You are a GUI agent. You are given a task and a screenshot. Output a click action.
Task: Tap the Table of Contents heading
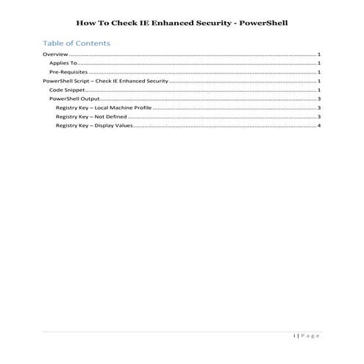(x=76, y=43)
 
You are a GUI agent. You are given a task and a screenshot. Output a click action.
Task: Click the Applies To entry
(x=63, y=64)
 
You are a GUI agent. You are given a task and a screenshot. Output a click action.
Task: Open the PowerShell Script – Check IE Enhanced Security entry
(x=106, y=82)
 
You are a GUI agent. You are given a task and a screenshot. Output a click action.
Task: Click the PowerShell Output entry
(x=74, y=99)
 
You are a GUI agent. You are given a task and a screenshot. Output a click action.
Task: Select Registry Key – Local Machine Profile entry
(x=102, y=108)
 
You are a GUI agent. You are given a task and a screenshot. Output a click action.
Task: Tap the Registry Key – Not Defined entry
(x=92, y=117)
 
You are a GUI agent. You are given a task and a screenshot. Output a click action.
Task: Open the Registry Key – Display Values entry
(x=94, y=126)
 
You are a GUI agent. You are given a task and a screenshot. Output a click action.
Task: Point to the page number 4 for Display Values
(x=319, y=126)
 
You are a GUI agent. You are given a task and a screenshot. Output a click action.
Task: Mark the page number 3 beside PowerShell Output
(x=319, y=99)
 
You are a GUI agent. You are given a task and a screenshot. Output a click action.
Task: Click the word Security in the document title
(x=214, y=22)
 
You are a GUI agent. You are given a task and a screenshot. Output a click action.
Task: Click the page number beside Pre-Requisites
(x=319, y=73)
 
